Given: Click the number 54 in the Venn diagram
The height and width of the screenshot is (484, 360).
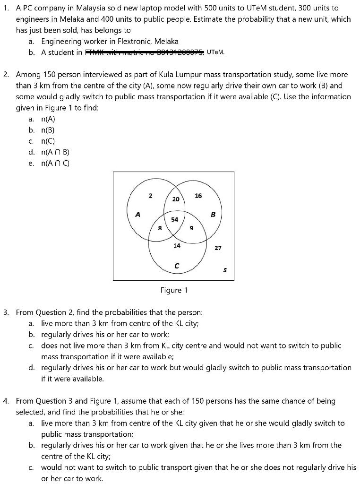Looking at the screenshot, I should (175, 220).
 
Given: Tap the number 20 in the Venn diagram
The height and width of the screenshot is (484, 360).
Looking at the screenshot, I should (176, 199).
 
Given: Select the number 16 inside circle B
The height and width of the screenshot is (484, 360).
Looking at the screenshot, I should (198, 196).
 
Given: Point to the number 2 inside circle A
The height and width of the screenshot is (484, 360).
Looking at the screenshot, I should (150, 195).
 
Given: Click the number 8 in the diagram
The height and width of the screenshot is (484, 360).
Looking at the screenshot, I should (160, 228).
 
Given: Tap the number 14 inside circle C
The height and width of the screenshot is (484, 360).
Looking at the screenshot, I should (177, 245).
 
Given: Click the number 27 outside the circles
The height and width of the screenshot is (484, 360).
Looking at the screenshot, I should (218, 248).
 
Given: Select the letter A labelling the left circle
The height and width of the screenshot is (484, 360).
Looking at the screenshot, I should (138, 214).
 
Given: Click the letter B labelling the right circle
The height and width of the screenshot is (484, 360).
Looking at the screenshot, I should (213, 214).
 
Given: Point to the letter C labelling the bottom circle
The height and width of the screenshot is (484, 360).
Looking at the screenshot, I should (177, 267).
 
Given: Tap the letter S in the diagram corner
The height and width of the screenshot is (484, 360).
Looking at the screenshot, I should (225, 271).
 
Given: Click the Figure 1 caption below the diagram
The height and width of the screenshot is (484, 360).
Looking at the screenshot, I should (174, 290).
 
